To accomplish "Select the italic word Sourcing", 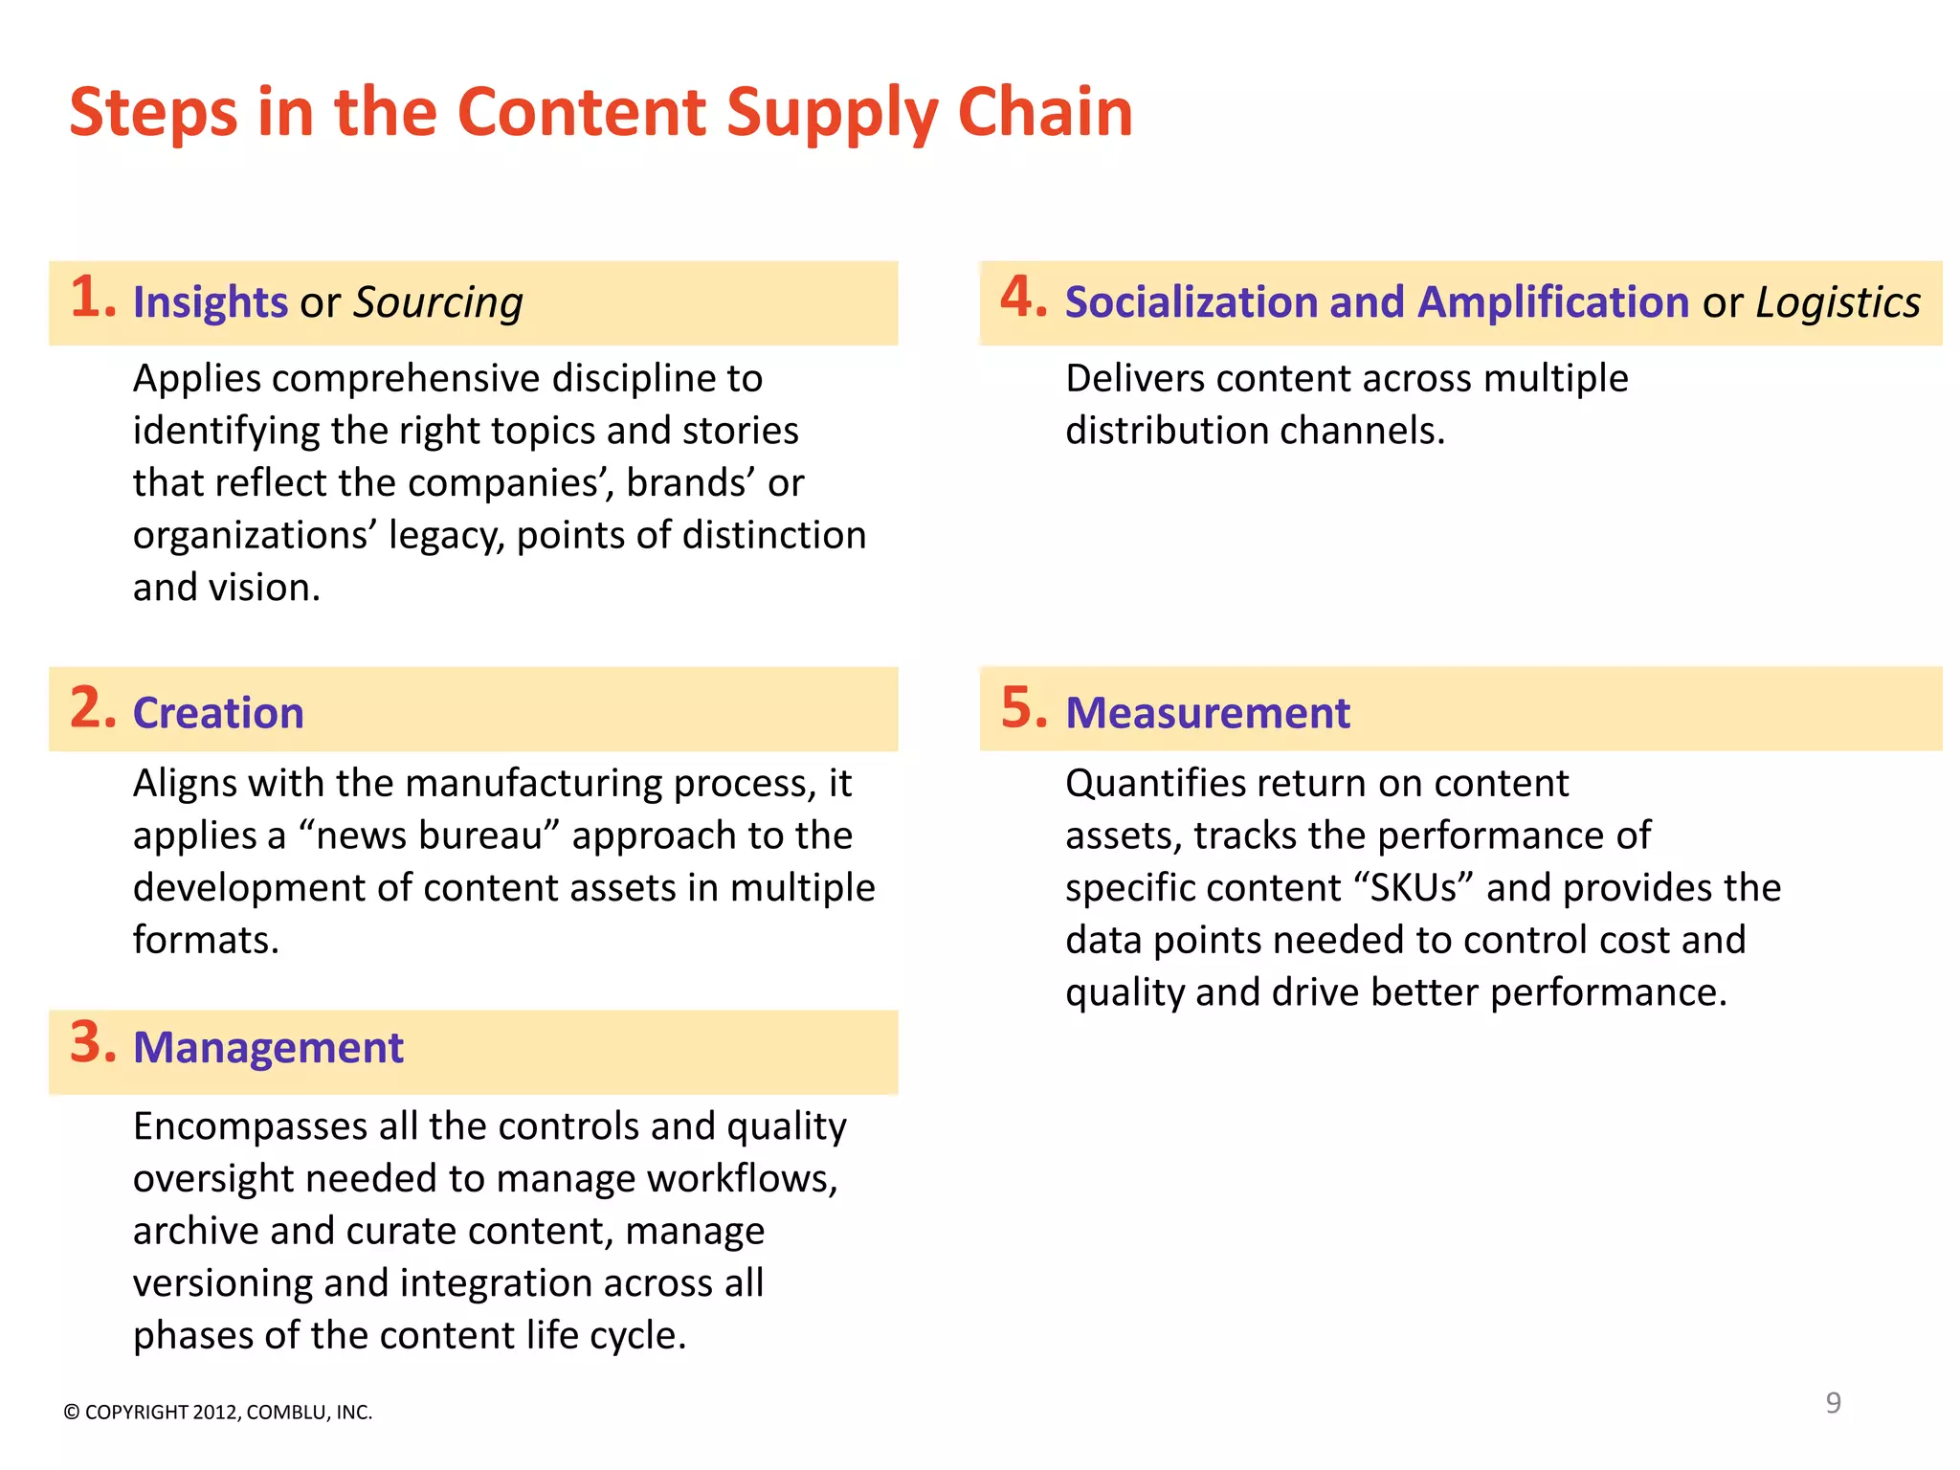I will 438,303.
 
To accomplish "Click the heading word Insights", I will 210,302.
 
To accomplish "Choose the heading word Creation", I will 218,713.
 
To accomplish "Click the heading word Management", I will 268,1047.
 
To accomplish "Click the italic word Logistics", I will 1837,303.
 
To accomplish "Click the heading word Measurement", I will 1207,713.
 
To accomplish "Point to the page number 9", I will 1833,1403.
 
